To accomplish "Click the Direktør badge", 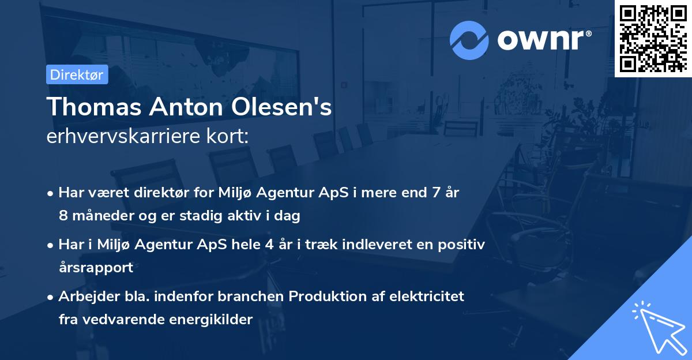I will point(77,74).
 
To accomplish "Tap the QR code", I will point(653,38).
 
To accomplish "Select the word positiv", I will point(462,244).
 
